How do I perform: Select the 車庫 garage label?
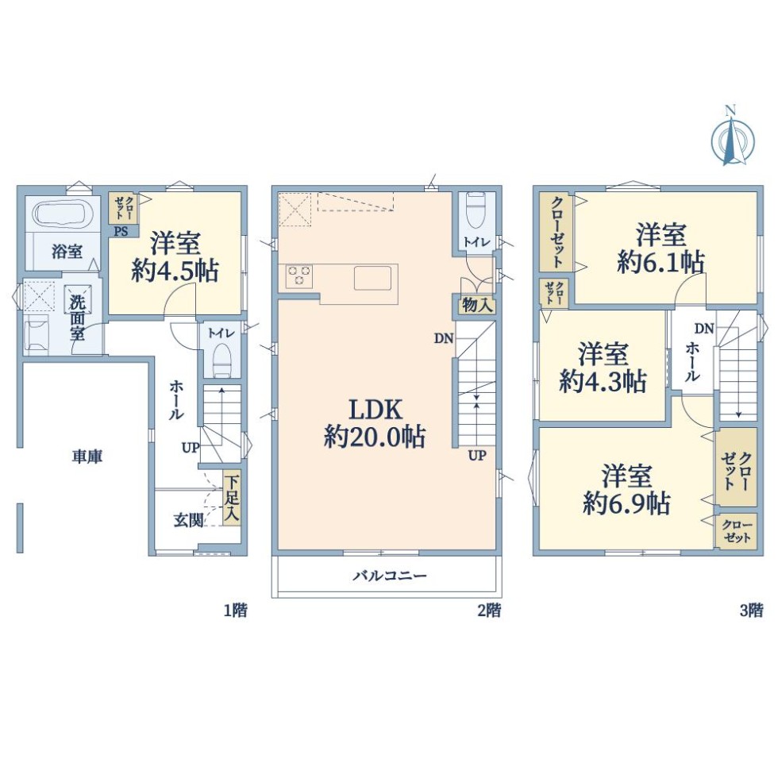tap(87, 456)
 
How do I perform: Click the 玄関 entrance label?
tap(189, 521)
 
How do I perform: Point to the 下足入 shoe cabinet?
tap(232, 499)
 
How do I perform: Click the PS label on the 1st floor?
tap(121, 231)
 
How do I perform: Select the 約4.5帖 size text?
tap(175, 272)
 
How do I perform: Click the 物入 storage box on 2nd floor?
tap(477, 305)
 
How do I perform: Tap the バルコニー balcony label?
tap(390, 576)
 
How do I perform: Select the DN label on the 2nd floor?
tap(444, 338)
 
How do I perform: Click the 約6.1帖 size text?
tap(661, 261)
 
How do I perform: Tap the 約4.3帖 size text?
tap(603, 382)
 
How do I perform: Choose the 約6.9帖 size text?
tap(626, 503)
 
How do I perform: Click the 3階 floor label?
tap(751, 610)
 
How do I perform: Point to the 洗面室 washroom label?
tap(77, 318)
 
